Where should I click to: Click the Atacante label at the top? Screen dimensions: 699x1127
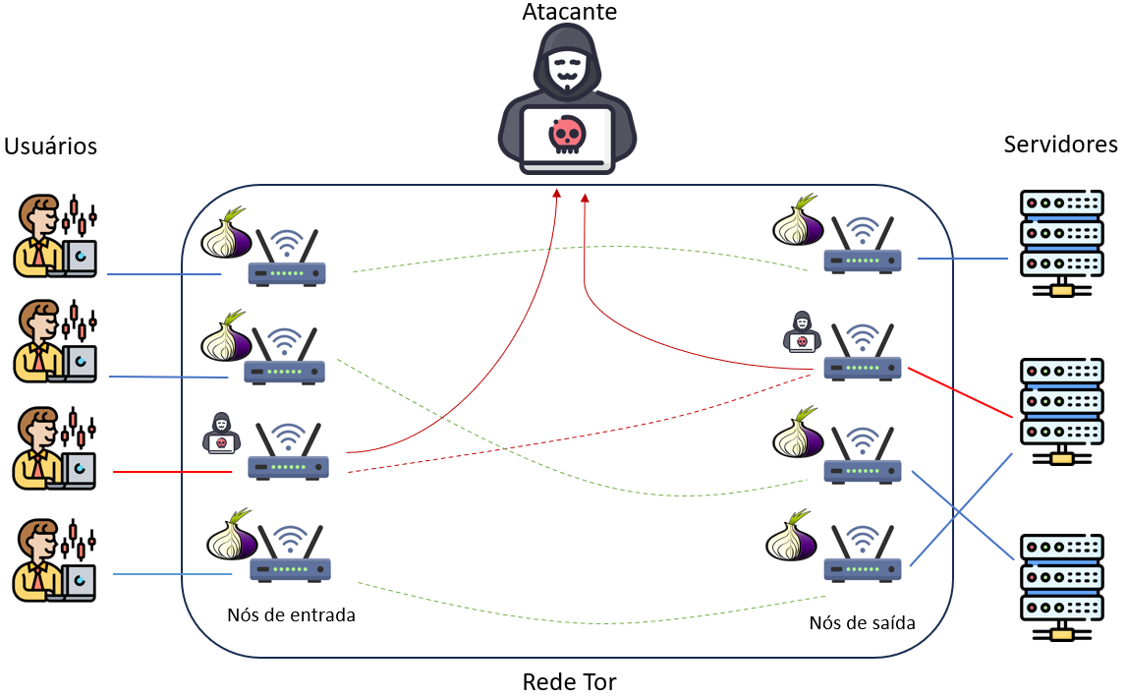[569, 13]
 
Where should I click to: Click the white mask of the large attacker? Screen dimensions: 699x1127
[567, 69]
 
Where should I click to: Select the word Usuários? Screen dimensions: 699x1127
[51, 146]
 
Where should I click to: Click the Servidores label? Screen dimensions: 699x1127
[1060, 145]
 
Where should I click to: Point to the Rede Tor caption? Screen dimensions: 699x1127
[569, 681]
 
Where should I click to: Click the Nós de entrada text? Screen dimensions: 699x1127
[291, 615]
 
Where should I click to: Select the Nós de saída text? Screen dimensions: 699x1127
[862, 622]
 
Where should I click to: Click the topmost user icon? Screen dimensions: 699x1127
[55, 237]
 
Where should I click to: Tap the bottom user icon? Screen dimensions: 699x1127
[55, 561]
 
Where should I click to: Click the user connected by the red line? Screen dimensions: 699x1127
[55, 450]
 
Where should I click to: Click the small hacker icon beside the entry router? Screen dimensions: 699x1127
[219, 433]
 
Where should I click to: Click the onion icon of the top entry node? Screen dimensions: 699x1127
[227, 235]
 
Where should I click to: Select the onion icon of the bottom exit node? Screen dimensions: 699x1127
[793, 537]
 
